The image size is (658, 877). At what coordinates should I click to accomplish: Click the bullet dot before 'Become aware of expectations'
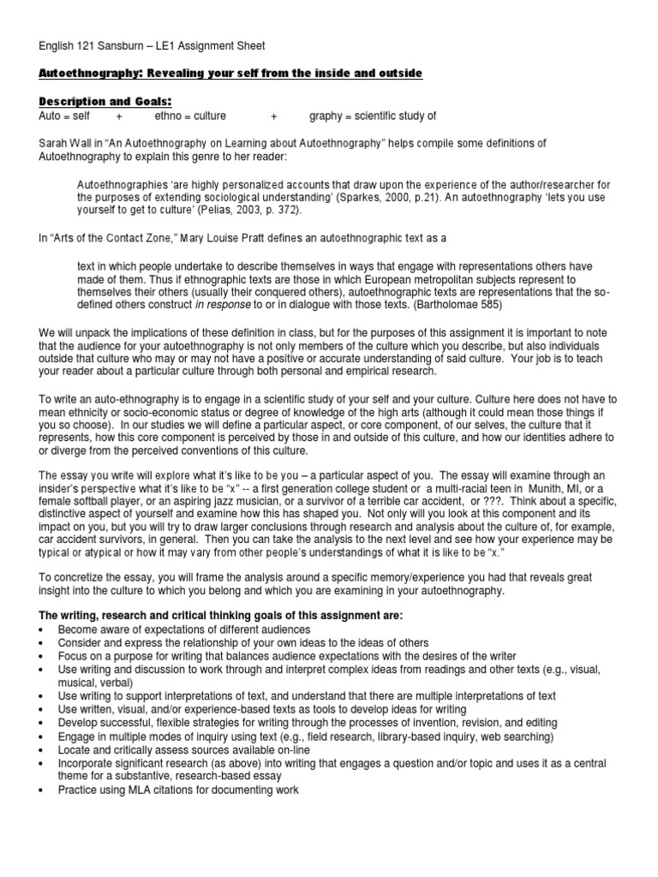click(x=44, y=629)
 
